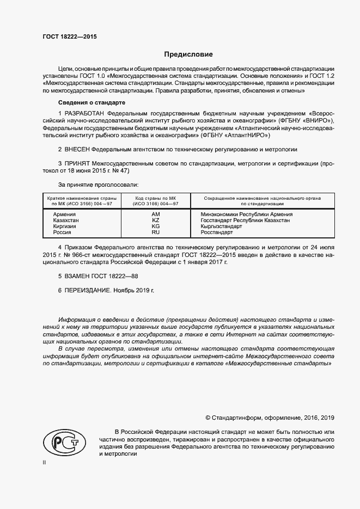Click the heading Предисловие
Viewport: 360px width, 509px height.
pos(188,54)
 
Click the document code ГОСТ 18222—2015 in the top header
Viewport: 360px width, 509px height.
pos(70,37)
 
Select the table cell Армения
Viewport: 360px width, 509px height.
pos(64,214)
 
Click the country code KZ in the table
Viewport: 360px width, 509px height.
pos(155,220)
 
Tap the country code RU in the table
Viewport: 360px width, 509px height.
pos(155,232)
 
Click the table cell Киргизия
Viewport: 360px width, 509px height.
pos(65,226)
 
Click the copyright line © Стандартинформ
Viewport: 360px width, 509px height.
pos(270,418)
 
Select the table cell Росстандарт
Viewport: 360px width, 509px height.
pos(217,232)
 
